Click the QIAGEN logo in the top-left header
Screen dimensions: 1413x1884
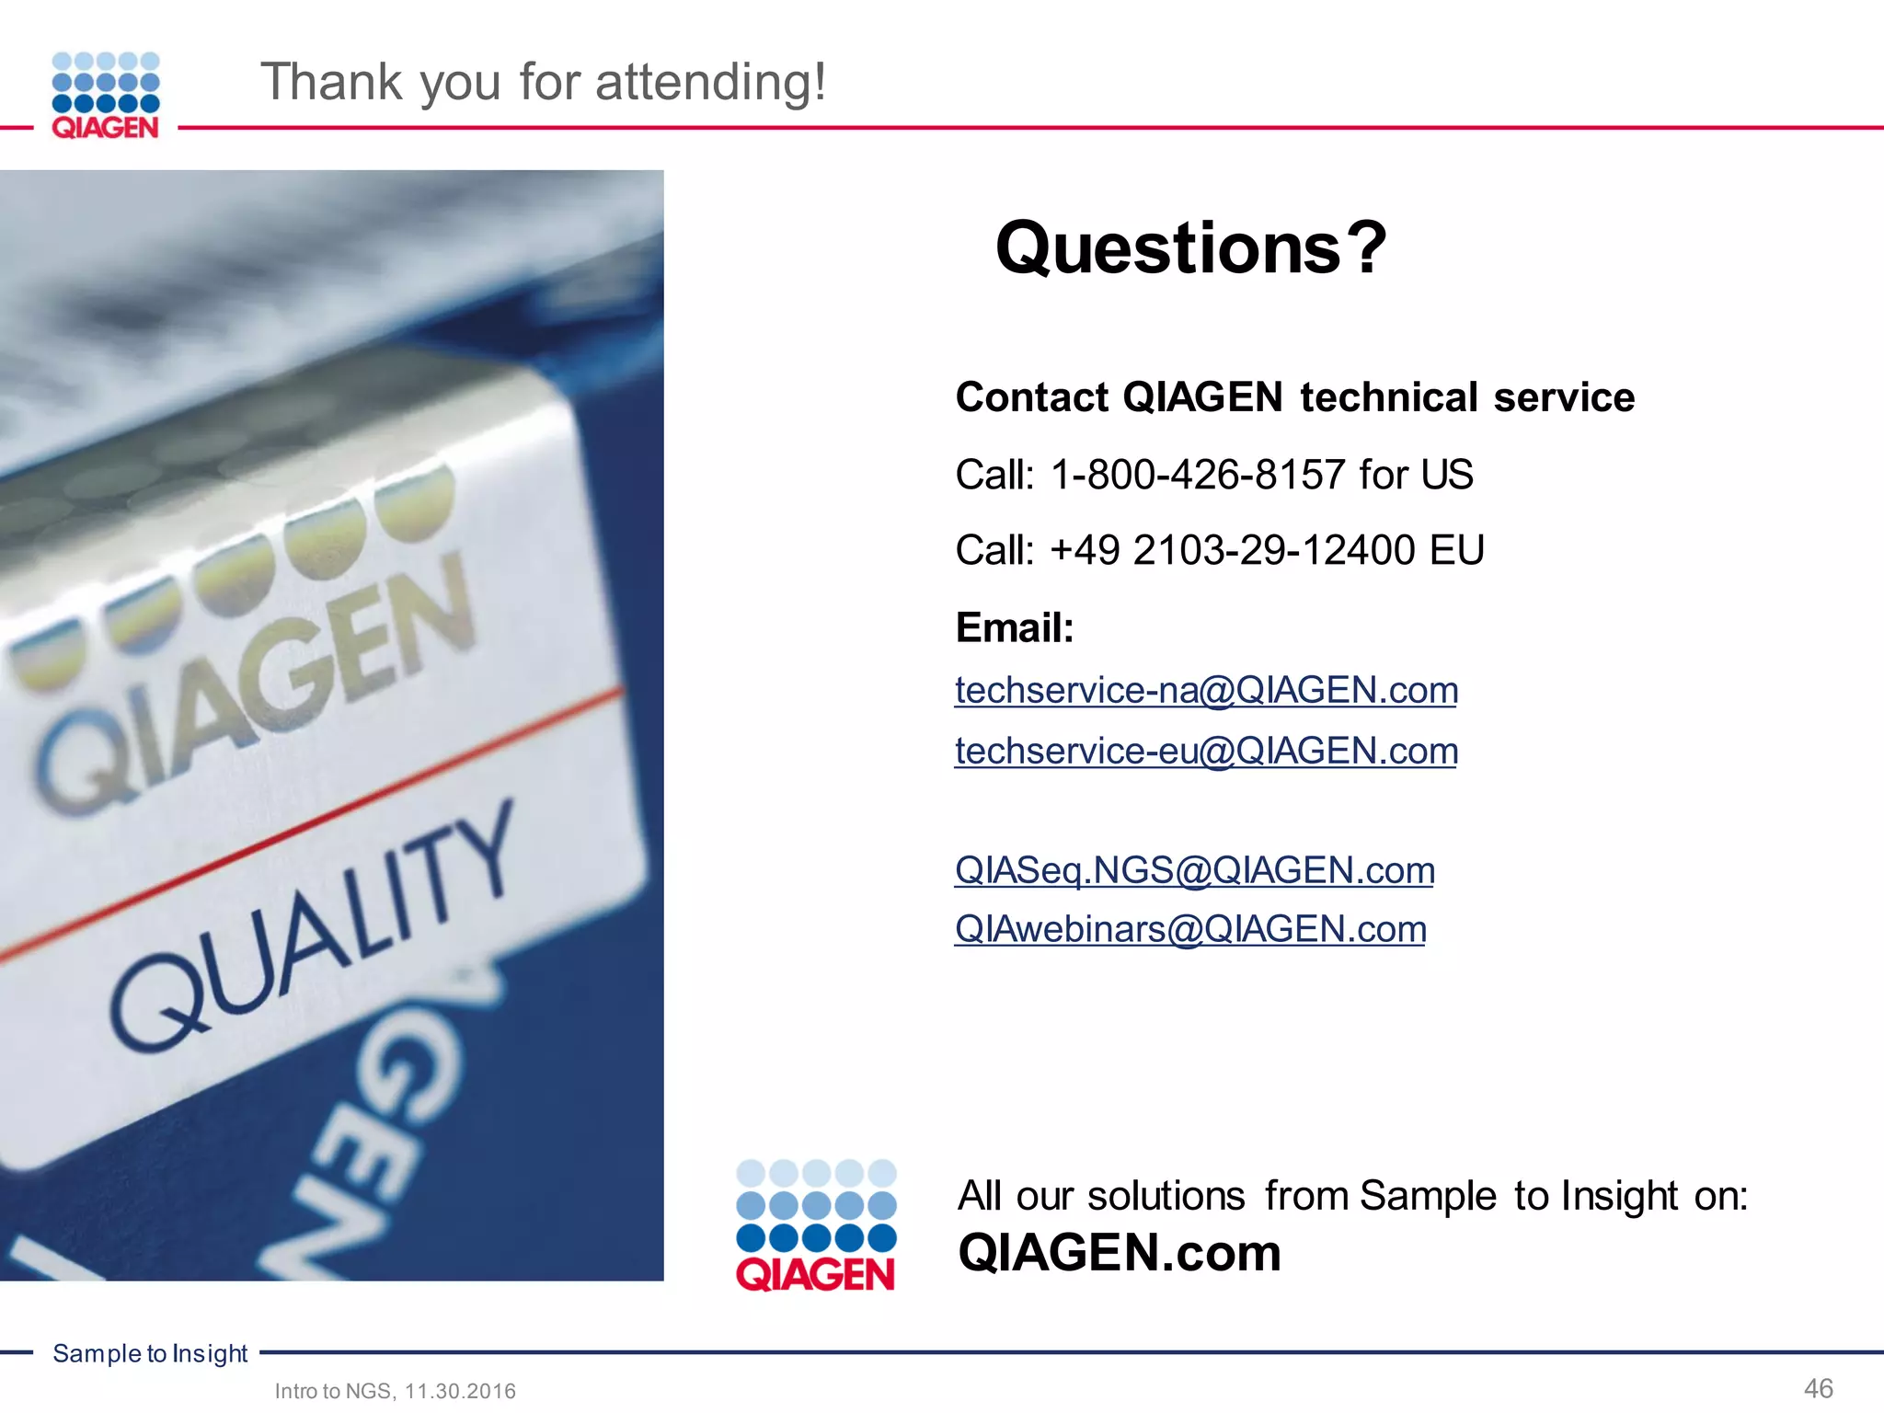(106, 96)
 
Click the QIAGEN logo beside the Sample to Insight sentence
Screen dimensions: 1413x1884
(816, 1225)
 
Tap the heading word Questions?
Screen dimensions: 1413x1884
(1190, 248)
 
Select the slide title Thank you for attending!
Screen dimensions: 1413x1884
(544, 82)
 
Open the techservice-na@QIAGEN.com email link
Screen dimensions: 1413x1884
(1206, 690)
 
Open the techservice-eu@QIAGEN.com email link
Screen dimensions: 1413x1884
(1206, 751)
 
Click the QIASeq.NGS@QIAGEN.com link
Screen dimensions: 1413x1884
(1194, 870)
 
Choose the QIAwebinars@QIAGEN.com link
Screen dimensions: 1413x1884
(1190, 929)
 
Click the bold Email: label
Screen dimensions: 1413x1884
(1015, 628)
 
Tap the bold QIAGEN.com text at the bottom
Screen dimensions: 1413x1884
(1119, 1253)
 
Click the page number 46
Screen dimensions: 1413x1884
(1818, 1388)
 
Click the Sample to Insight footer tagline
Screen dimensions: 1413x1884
(150, 1353)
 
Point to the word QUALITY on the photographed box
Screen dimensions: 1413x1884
(313, 929)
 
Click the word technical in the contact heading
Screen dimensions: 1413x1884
(1389, 397)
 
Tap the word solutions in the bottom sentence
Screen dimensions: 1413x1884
(1166, 1196)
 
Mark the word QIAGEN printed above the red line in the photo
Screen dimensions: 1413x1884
(258, 681)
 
